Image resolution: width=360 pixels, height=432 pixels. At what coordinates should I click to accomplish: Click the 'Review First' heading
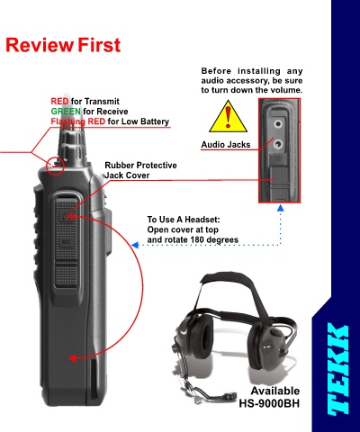pos(63,45)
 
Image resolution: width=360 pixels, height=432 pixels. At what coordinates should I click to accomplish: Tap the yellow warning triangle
pos(229,117)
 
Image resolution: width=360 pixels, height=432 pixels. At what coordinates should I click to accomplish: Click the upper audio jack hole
pos(278,123)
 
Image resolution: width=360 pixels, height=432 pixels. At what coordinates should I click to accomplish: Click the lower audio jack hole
pos(278,144)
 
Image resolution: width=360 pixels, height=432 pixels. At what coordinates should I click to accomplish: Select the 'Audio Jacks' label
pos(226,145)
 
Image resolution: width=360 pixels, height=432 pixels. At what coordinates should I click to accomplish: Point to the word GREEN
pos(66,112)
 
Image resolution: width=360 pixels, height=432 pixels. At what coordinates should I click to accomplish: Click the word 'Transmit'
pos(102,102)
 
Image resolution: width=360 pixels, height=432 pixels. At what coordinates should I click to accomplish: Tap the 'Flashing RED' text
pos(78,121)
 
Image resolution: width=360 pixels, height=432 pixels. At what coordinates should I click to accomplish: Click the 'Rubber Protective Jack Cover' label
pos(140,170)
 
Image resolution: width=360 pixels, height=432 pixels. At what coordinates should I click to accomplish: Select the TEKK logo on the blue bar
pos(338,370)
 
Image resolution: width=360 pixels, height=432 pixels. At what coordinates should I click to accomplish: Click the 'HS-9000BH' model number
pos(269,403)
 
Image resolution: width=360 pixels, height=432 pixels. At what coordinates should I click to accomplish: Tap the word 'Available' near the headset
pos(275,391)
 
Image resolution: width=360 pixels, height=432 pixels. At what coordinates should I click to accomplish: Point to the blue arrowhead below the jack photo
pos(280,208)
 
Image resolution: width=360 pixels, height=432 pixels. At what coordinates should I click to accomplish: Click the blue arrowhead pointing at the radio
pos(135,245)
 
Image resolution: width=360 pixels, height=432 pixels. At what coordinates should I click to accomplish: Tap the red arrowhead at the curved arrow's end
pos(73,358)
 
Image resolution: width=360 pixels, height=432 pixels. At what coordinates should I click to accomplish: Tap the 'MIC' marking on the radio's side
pos(66,242)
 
